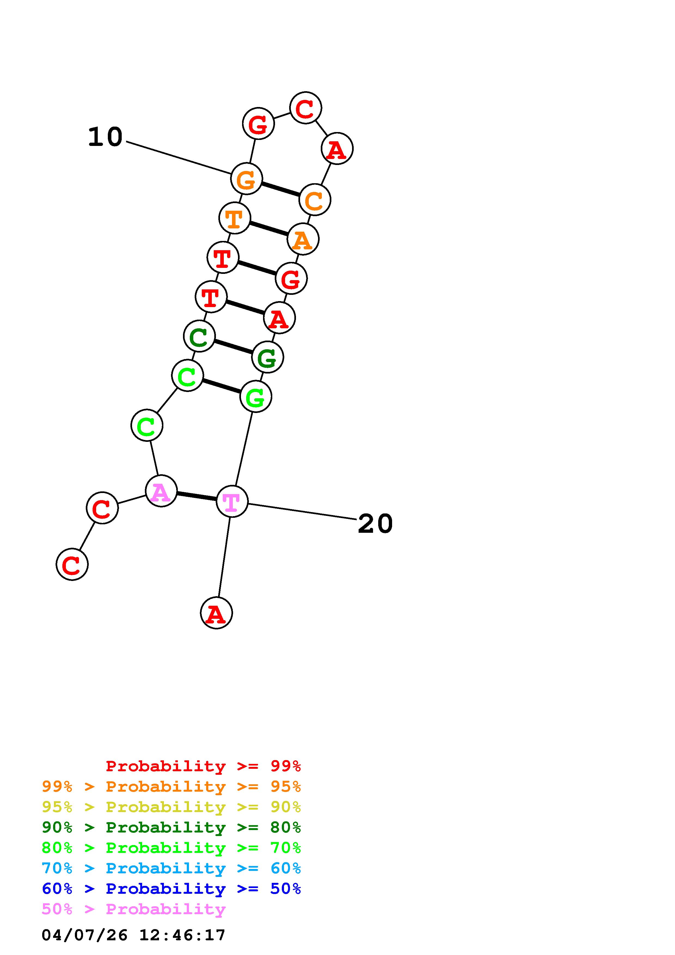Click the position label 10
click(105, 137)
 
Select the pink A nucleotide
click(161, 491)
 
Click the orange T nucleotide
click(234, 218)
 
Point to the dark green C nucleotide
click(199, 336)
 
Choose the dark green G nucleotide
click(267, 357)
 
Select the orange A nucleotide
click(303, 239)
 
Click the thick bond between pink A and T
click(196, 496)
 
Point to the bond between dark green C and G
click(233, 347)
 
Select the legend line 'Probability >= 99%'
click(203, 766)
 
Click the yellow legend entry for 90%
click(171, 807)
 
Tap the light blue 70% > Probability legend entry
click(171, 868)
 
